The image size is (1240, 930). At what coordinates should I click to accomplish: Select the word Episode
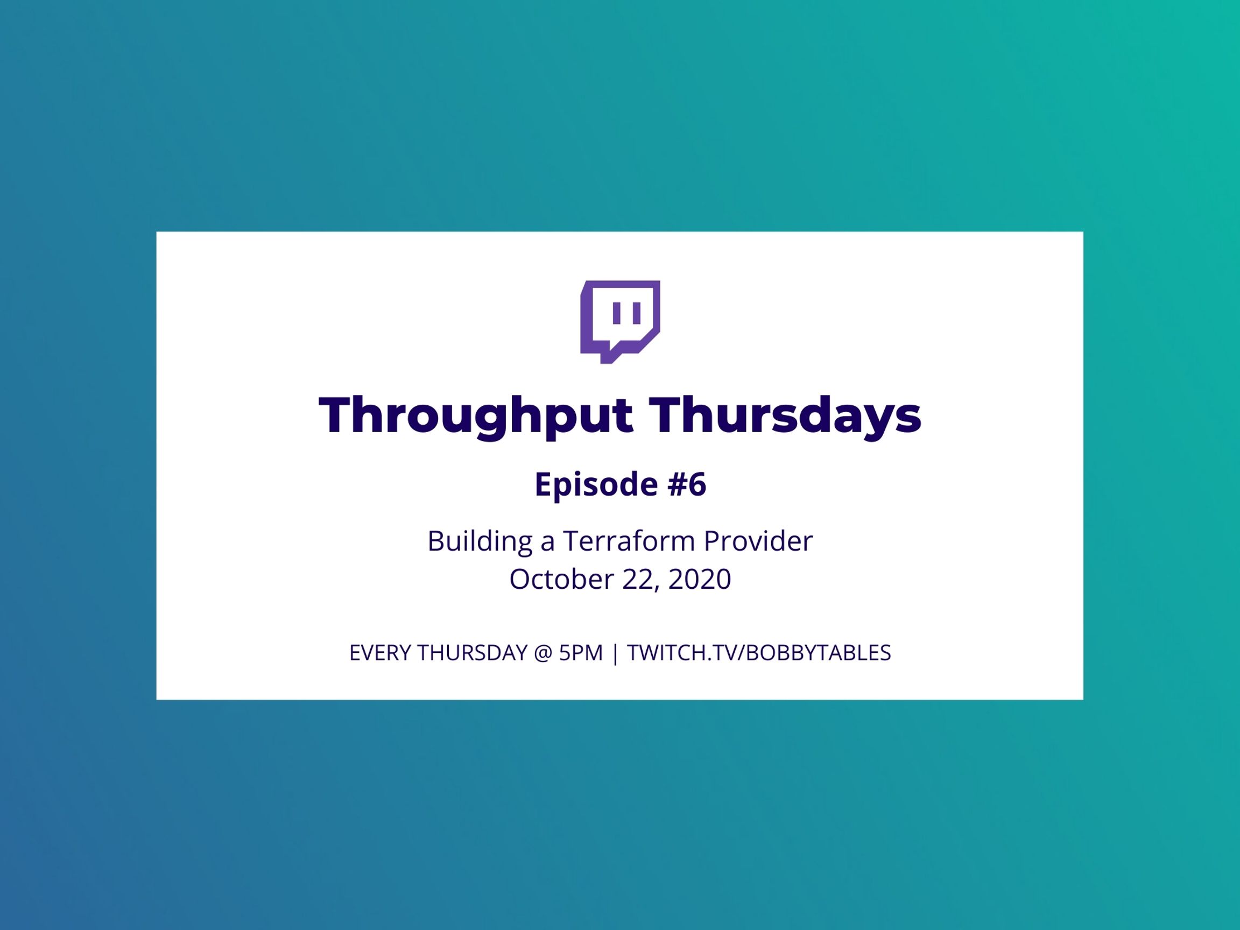point(596,484)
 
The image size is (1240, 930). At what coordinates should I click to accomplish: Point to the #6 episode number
point(687,484)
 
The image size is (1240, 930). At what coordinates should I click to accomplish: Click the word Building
point(480,541)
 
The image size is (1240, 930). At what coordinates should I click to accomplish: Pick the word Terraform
point(629,541)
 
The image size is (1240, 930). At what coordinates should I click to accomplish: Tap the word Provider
point(758,541)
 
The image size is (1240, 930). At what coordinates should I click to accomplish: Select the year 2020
point(700,579)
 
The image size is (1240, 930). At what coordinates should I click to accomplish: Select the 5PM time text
point(581,653)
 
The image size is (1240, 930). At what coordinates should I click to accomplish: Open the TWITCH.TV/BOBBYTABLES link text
point(759,653)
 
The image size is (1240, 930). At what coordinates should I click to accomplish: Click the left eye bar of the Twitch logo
point(617,313)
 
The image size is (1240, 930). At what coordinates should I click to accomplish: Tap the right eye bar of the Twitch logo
point(637,313)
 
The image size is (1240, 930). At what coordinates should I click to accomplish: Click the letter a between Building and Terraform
point(548,544)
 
